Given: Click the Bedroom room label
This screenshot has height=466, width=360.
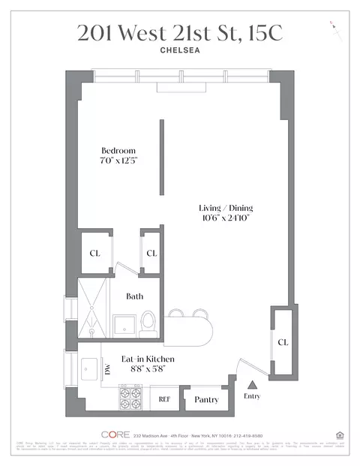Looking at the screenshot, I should (x=118, y=151).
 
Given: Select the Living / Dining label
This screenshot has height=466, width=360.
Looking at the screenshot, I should (x=223, y=208).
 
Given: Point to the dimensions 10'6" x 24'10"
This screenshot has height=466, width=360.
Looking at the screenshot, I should (x=223, y=218).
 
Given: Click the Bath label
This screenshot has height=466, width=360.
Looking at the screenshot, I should (x=134, y=296).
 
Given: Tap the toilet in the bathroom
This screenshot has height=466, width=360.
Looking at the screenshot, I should (x=148, y=323).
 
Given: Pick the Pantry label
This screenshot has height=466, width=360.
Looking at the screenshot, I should (x=205, y=400).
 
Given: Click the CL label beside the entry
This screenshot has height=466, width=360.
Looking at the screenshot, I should (x=283, y=342).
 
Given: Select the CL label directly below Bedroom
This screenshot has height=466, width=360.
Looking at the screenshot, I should (x=94, y=253).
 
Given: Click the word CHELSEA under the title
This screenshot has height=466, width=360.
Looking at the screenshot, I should (x=180, y=52).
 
